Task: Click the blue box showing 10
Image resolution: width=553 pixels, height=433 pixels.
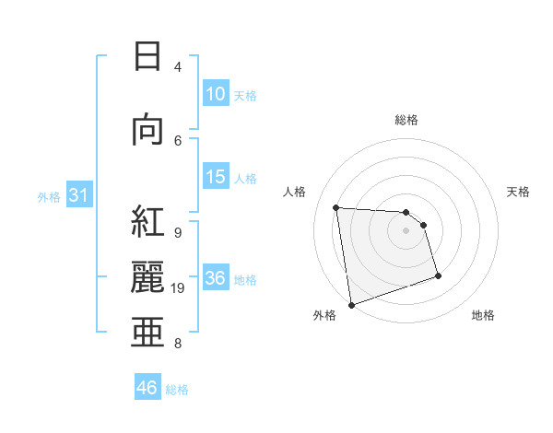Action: [x=216, y=94]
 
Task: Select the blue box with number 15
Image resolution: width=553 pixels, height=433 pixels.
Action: [x=216, y=177]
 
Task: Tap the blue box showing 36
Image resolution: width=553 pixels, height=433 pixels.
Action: [x=216, y=278]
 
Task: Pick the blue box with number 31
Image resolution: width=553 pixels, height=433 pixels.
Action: [x=79, y=196]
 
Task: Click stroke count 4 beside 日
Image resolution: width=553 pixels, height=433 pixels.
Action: [x=178, y=66]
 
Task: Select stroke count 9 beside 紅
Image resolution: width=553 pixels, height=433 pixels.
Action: [x=178, y=232]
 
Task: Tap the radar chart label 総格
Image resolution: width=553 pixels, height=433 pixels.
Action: [x=406, y=120]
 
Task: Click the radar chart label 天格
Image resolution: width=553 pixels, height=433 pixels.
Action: [x=519, y=192]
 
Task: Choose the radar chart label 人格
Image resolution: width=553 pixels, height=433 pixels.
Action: [x=294, y=192]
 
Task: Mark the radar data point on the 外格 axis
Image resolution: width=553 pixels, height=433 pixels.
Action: [x=350, y=304]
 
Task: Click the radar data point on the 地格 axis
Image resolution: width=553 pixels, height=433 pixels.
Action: [x=438, y=275]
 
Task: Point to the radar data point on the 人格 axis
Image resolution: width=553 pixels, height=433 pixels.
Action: [x=336, y=207]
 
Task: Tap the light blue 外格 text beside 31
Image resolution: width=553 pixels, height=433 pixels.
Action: [x=49, y=197]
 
